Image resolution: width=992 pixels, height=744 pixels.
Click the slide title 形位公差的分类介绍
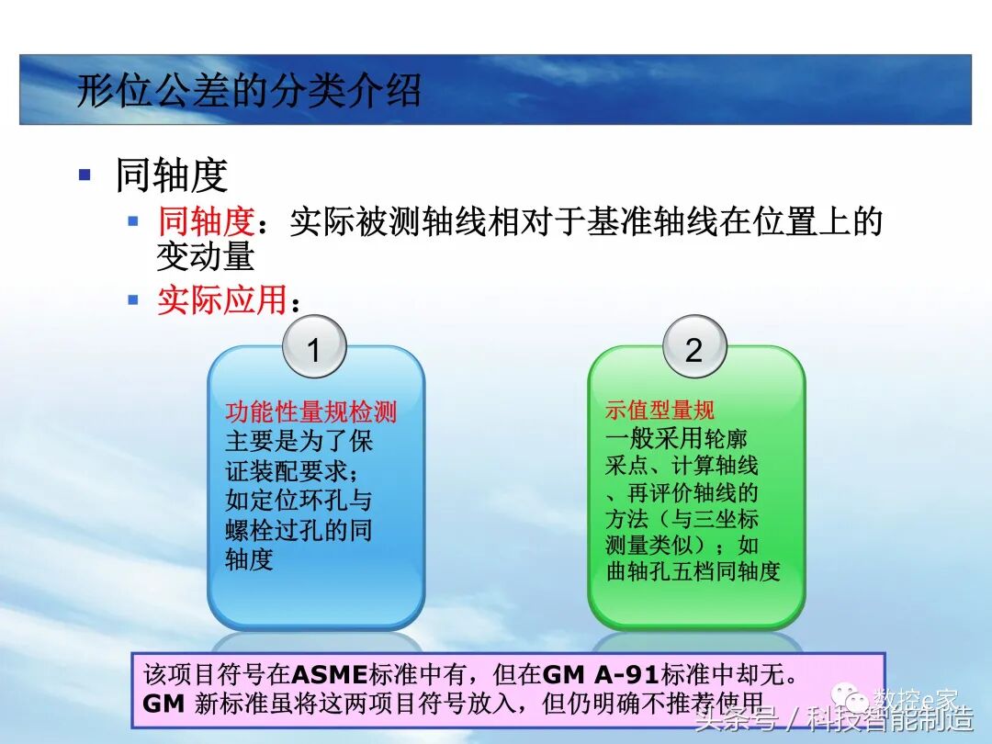(248, 92)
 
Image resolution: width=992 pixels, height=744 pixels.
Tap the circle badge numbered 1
(313, 349)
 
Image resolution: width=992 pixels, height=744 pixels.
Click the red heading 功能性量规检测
(310, 411)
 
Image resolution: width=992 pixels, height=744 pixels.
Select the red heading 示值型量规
(659, 411)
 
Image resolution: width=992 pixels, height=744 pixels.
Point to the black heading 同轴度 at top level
(171, 175)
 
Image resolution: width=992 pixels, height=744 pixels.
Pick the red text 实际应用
(221, 300)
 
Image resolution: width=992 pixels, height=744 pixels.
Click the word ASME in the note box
(329, 674)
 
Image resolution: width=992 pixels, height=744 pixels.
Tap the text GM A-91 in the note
(601, 674)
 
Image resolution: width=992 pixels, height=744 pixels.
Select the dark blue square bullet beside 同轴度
(85, 174)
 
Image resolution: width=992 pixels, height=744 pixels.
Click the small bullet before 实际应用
(133, 299)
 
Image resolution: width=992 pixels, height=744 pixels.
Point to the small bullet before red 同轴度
(133, 220)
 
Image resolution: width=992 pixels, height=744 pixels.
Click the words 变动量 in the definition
(205, 256)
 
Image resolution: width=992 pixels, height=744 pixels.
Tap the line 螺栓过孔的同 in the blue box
(299, 530)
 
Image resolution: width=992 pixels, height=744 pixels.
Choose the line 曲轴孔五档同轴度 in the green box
(693, 571)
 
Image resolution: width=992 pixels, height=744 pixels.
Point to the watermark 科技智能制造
(890, 719)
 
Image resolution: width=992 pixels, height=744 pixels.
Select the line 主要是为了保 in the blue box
(299, 441)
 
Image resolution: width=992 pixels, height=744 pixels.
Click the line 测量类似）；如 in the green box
(682, 545)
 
